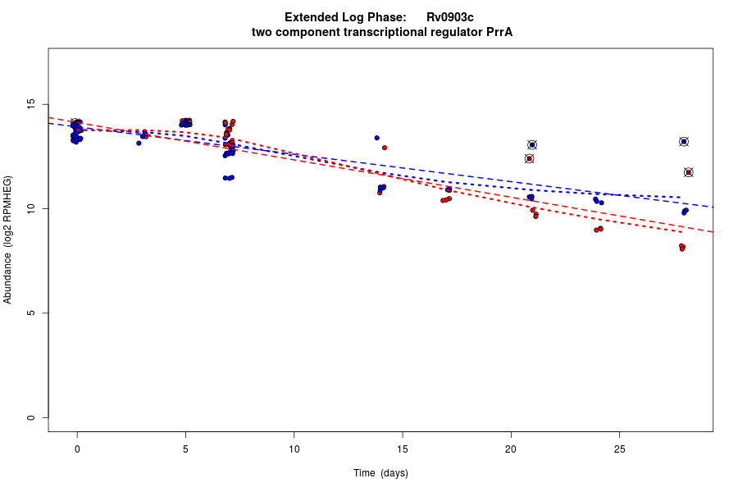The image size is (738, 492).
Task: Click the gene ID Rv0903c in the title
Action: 449,17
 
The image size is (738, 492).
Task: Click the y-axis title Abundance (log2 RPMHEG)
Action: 8,239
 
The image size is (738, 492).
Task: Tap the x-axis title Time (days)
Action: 380,473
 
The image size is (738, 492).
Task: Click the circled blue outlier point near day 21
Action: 532,145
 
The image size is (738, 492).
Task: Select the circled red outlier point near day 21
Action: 530,158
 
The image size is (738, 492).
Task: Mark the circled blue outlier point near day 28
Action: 684,142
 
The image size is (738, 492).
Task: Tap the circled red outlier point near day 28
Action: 689,172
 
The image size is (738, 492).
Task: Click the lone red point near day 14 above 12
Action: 385,148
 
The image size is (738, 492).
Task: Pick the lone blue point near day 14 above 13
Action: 376,138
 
